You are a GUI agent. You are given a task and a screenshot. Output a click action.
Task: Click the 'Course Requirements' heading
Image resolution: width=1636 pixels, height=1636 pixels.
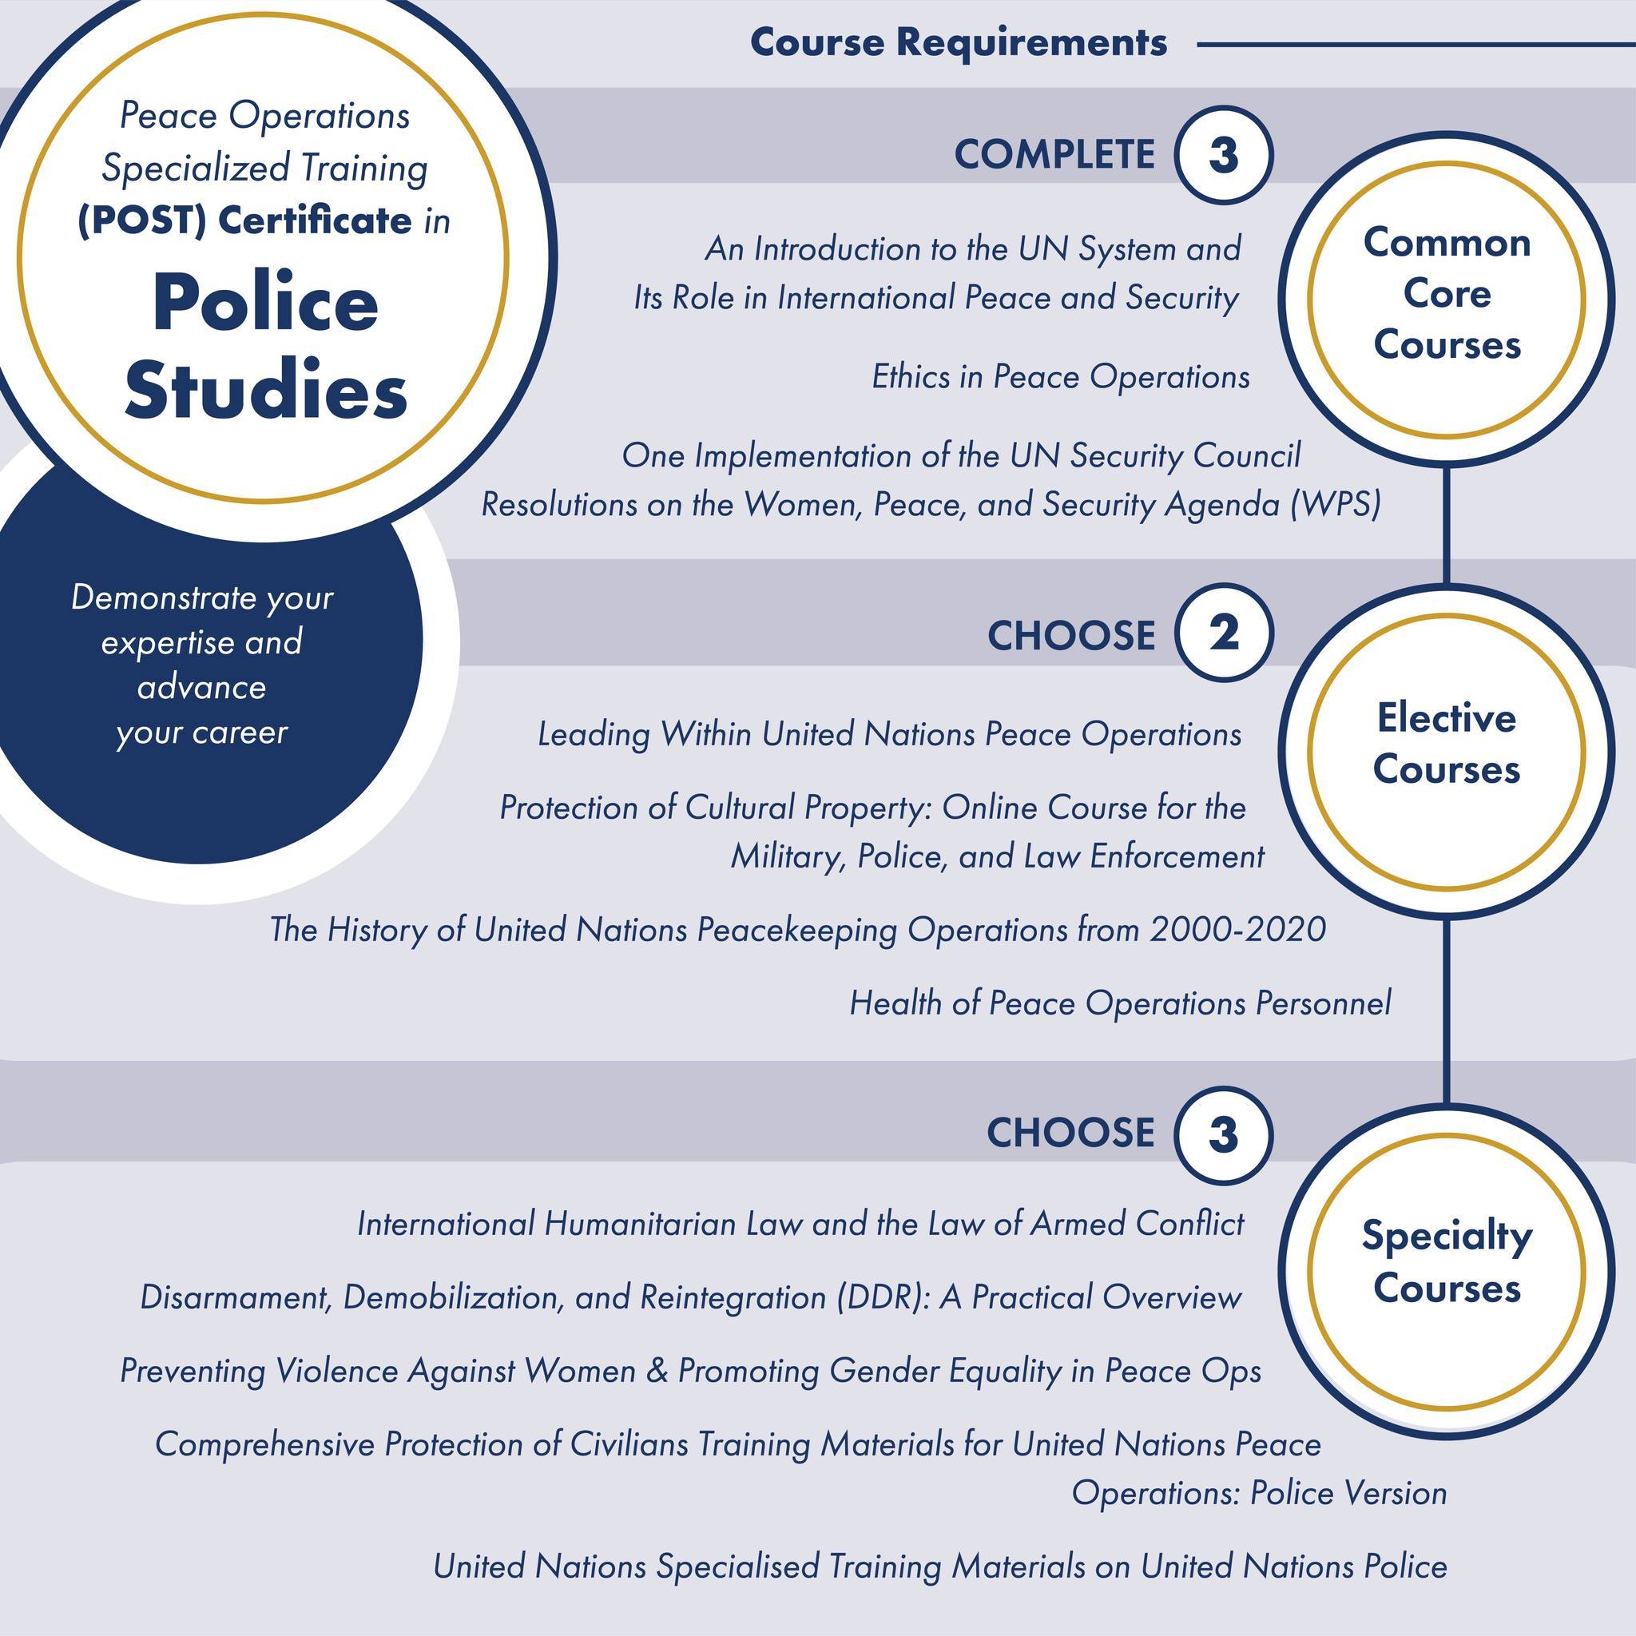pyautogui.click(x=959, y=42)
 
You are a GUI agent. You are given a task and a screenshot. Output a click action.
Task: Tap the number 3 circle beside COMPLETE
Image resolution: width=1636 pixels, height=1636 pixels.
pyautogui.click(x=1224, y=155)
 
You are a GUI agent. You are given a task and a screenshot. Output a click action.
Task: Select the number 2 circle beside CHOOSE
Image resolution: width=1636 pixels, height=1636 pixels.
pyautogui.click(x=1224, y=633)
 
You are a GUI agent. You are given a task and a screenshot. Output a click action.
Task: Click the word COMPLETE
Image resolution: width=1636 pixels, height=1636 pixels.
pyautogui.click(x=1054, y=155)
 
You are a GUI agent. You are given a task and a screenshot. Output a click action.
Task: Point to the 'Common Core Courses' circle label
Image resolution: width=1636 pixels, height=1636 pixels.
pyautogui.click(x=1447, y=294)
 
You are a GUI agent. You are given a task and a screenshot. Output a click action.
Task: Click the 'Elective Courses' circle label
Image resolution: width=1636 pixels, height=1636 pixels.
pyautogui.click(x=1447, y=744)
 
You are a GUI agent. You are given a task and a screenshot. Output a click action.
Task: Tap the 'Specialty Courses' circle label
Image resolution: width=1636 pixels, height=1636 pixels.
pyautogui.click(x=1447, y=1261)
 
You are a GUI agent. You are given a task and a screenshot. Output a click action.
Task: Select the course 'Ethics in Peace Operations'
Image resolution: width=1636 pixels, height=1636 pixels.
pyautogui.click(x=1061, y=377)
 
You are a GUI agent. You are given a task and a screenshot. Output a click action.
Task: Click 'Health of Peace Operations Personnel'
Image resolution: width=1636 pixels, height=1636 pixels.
pyautogui.click(x=1120, y=1003)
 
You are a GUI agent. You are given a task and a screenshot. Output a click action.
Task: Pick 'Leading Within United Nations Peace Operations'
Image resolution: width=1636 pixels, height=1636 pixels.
pyautogui.click(x=890, y=734)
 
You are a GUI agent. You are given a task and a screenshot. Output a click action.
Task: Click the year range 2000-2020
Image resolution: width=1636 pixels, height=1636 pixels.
pyautogui.click(x=1238, y=930)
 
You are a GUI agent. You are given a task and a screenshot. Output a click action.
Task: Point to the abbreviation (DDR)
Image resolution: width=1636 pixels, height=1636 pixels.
pyautogui.click(x=886, y=1297)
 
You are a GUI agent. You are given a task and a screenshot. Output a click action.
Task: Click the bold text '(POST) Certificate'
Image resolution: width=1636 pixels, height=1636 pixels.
pyautogui.click(x=244, y=220)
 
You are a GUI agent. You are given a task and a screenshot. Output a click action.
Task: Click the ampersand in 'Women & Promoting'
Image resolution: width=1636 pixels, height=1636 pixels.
pyautogui.click(x=657, y=1371)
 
